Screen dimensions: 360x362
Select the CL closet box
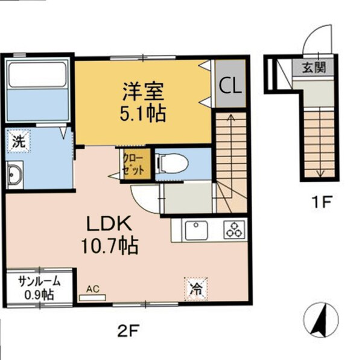[230, 85]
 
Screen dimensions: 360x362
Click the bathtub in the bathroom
[37, 91]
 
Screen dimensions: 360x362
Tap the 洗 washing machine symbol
[19, 143]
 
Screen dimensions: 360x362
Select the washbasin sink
[15, 176]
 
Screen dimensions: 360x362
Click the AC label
[92, 289]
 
